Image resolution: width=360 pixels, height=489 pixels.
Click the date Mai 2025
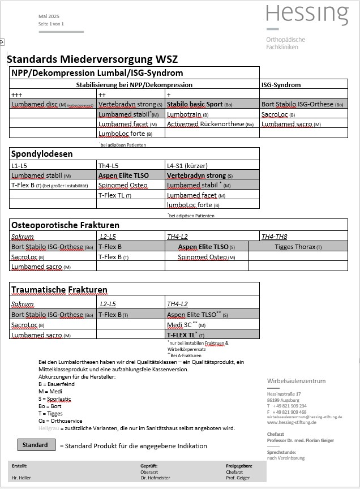click(49, 17)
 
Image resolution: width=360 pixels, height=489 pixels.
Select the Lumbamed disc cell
click(52, 105)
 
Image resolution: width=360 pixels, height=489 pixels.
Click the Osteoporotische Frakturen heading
click(66, 225)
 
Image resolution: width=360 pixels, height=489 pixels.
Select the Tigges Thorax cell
click(298, 247)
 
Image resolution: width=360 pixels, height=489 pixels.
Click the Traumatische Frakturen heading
click(59, 290)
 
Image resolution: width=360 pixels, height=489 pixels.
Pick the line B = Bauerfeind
click(57, 384)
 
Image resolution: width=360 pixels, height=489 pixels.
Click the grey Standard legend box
click(35, 445)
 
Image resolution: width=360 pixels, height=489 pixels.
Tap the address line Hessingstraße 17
click(284, 393)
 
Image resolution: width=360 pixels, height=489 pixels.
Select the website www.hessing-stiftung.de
click(292, 422)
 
